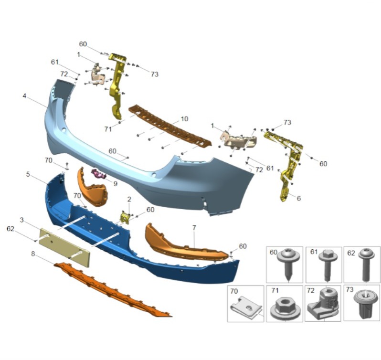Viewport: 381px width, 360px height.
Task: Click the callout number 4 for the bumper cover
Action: (x=24, y=96)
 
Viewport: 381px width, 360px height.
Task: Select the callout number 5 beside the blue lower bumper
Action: (x=28, y=174)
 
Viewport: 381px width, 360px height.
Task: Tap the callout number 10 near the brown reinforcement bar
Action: (x=184, y=119)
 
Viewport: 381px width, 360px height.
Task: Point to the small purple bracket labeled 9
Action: (x=99, y=174)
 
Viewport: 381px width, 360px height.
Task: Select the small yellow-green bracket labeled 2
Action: (x=125, y=217)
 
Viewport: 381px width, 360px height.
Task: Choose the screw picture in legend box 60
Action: (x=289, y=264)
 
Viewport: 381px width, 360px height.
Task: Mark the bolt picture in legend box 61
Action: (x=328, y=265)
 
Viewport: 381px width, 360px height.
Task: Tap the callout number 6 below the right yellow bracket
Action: (x=299, y=199)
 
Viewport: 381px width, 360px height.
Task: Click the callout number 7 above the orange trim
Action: (x=194, y=228)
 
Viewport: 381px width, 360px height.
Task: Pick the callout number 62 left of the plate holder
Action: (x=11, y=229)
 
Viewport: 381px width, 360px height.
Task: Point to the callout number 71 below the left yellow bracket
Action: (x=108, y=129)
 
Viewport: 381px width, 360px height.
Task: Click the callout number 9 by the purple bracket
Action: (x=116, y=184)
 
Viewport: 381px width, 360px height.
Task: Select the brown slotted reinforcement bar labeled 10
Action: (x=170, y=126)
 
